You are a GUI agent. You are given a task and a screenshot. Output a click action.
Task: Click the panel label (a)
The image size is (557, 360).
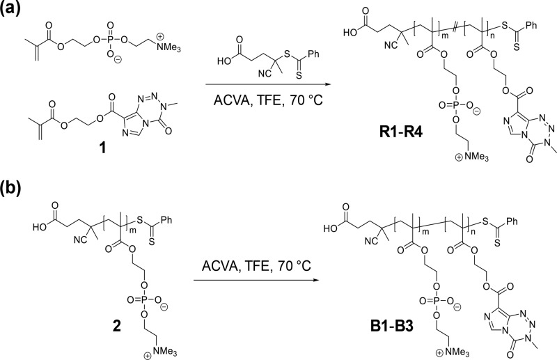point(16,12)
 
